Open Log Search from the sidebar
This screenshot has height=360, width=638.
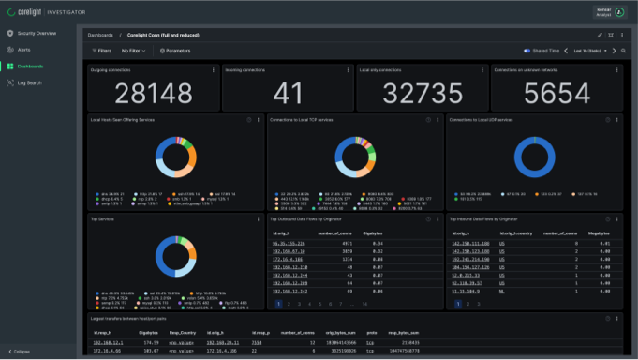(x=29, y=82)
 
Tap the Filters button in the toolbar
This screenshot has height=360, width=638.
(x=101, y=51)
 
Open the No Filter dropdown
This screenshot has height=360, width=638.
(x=133, y=51)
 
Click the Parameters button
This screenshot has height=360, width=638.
(x=174, y=51)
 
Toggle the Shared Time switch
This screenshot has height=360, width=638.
(x=527, y=51)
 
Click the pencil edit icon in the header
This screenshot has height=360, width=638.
(x=600, y=35)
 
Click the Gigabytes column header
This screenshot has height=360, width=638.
(x=373, y=232)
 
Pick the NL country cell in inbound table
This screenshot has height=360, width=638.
(x=502, y=290)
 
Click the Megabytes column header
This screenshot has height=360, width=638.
(x=601, y=232)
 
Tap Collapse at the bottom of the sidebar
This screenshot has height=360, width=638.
(x=21, y=352)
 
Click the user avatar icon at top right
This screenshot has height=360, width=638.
(x=619, y=11)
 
